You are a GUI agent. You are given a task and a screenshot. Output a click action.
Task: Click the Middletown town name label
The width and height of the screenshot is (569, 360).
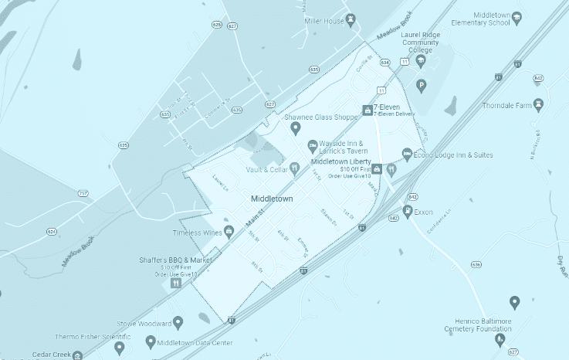coord(272,199)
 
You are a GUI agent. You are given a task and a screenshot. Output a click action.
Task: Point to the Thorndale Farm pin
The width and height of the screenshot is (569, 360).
coord(538,104)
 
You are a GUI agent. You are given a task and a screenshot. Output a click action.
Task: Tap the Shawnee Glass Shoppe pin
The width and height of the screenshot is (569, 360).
coord(296,127)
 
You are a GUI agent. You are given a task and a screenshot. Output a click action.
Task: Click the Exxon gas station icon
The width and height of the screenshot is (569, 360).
coord(408,210)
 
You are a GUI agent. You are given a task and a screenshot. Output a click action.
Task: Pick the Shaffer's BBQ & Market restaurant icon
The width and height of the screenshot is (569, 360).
coord(176,283)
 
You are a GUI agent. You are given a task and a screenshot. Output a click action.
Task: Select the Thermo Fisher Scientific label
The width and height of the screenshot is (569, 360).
coord(93,337)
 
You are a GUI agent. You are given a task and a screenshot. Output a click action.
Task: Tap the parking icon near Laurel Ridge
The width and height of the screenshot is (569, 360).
coord(421,85)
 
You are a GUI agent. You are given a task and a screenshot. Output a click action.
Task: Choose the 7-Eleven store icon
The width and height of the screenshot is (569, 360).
coord(367,110)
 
